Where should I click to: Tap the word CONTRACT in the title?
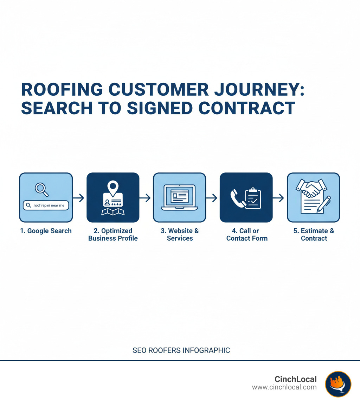pyautogui.click(x=246, y=108)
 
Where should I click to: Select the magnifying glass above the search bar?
pyautogui.click(x=41, y=189)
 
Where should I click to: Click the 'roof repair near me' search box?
pyautogui.click(x=46, y=205)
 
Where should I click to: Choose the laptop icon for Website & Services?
pyautogui.click(x=179, y=197)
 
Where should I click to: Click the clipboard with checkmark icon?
pyautogui.click(x=253, y=198)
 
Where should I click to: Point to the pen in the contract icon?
pyautogui.click(x=324, y=204)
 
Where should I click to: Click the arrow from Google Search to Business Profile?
pyautogui.click(x=79, y=198)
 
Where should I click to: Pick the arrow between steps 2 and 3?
pyautogui.click(x=146, y=198)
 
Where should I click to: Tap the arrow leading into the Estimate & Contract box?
pyautogui.click(x=279, y=198)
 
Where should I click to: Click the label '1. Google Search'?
pyautogui.click(x=46, y=231)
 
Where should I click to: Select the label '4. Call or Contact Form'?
pyautogui.click(x=247, y=235)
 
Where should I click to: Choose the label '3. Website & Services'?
pyautogui.click(x=180, y=235)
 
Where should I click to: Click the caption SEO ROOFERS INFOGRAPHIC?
pyautogui.click(x=181, y=350)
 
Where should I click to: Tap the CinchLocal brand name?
pyautogui.click(x=295, y=379)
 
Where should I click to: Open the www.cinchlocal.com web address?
pyautogui.click(x=284, y=387)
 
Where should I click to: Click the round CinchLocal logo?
pyautogui.click(x=338, y=384)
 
